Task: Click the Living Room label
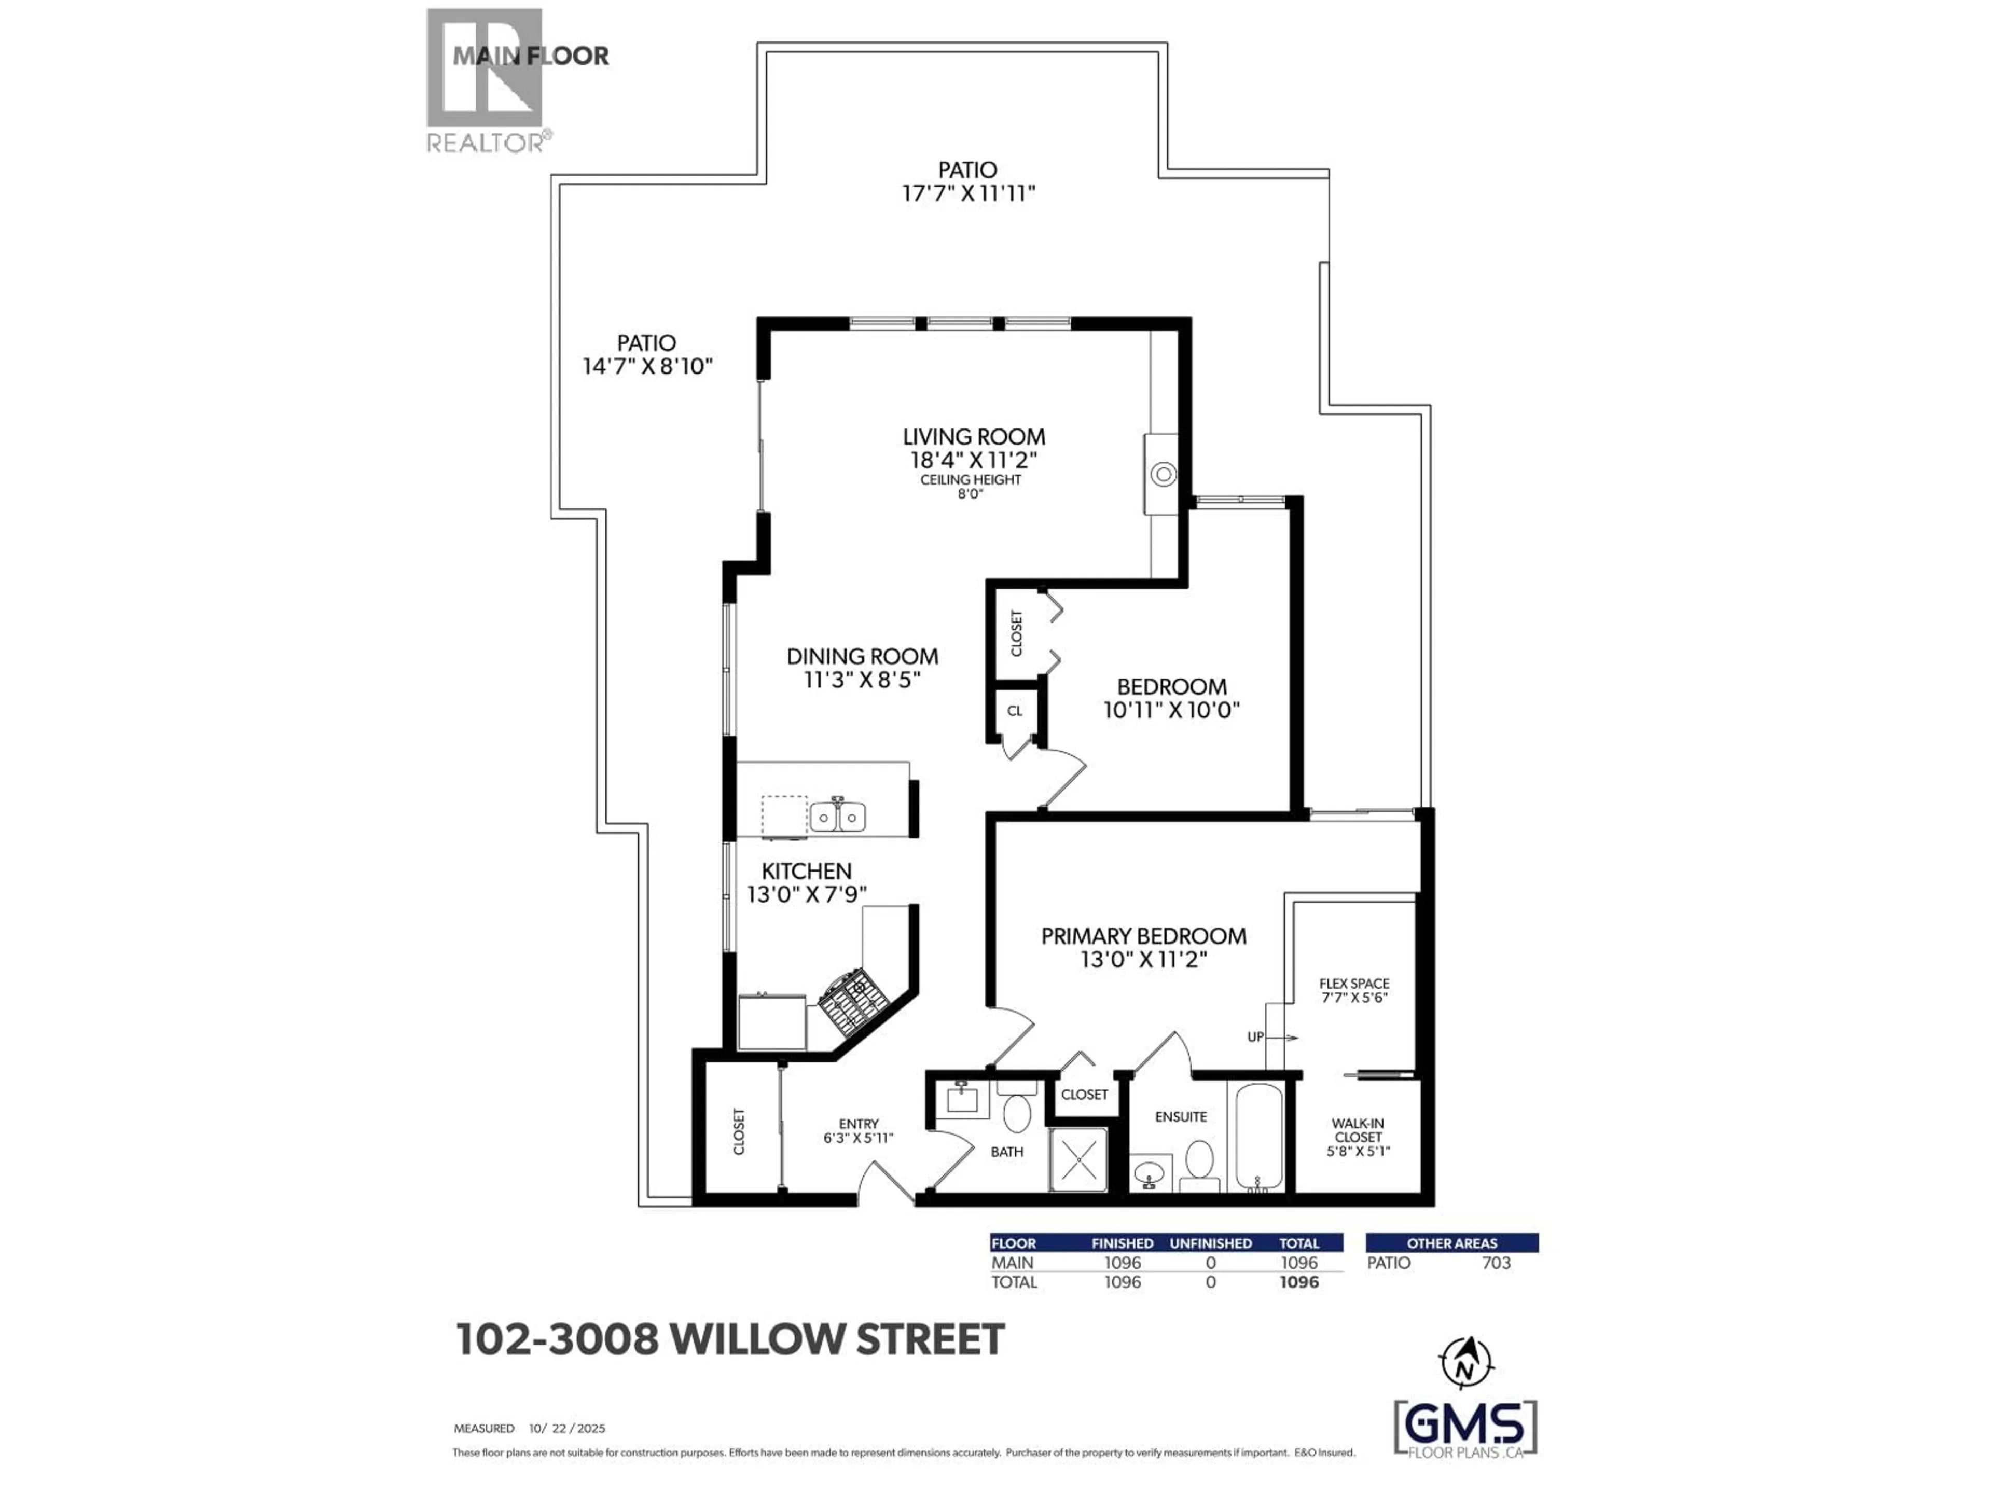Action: [974, 437]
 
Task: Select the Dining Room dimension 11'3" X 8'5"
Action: [862, 680]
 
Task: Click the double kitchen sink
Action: [837, 817]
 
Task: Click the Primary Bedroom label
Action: [1143, 936]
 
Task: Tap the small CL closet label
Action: [1015, 711]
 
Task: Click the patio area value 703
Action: [1496, 1263]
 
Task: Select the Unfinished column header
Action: [1210, 1243]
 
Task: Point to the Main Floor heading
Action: [530, 56]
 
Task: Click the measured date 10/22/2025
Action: [568, 1428]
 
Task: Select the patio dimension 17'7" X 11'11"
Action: [968, 193]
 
